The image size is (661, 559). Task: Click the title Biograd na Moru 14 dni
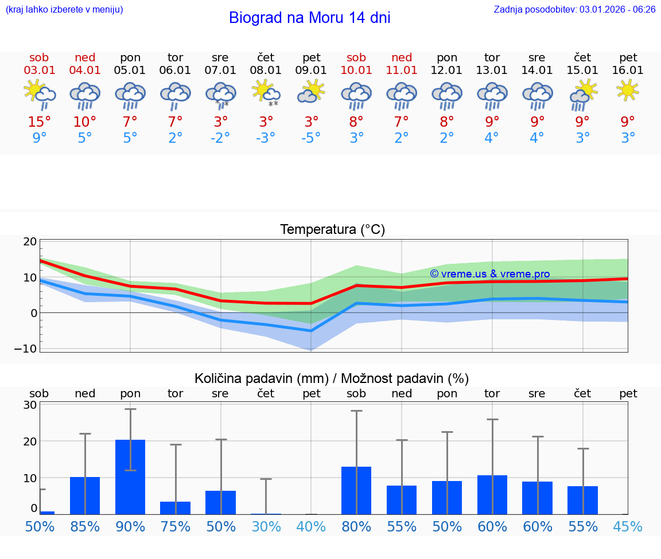click(309, 18)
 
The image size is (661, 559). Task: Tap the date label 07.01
click(220, 71)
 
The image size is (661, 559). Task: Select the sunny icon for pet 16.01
click(628, 90)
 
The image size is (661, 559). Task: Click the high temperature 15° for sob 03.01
click(40, 122)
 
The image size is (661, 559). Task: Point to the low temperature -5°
click(311, 138)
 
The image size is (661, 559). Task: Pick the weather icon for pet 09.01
click(311, 92)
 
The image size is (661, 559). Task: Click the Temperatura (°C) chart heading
click(332, 230)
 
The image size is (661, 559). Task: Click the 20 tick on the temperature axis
click(30, 242)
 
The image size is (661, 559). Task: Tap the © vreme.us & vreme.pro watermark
click(489, 274)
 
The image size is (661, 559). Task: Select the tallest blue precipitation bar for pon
click(130, 477)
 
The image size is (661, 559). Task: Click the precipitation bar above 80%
click(356, 490)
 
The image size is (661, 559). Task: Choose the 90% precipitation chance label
click(130, 527)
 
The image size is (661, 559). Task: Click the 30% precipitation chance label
click(266, 527)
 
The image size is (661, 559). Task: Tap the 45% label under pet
click(628, 527)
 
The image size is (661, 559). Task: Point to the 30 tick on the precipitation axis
click(30, 405)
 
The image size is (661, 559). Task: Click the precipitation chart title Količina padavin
click(261, 378)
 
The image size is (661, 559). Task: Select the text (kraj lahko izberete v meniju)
click(64, 9)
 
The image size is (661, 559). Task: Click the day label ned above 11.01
click(402, 58)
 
